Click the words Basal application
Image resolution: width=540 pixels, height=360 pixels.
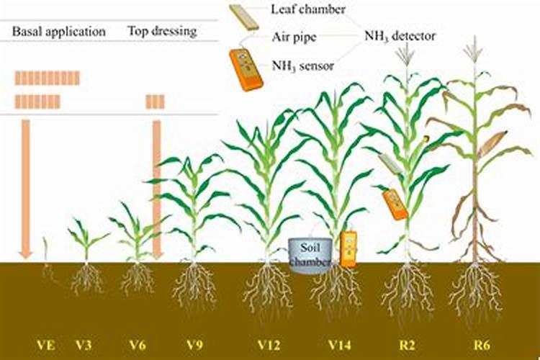pos(59,32)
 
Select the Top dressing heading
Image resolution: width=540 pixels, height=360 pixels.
pos(162,32)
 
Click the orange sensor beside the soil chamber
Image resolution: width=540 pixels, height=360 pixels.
pos(348,249)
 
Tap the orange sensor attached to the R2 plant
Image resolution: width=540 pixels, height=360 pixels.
pos(395,204)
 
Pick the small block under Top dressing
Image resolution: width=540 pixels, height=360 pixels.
pos(156,102)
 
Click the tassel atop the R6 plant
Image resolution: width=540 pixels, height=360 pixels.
pos(473,50)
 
